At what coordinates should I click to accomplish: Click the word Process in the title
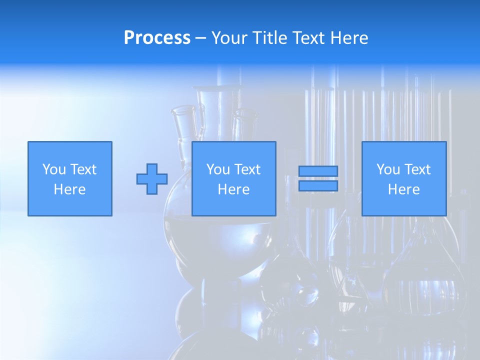pyautogui.click(x=157, y=38)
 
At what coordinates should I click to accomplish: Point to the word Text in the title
pyautogui.click(x=310, y=38)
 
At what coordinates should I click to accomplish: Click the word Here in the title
pyautogui.click(x=349, y=38)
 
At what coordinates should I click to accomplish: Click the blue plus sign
pyautogui.click(x=152, y=179)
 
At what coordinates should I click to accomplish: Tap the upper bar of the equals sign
pyautogui.click(x=318, y=171)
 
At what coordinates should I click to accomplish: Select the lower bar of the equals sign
pyautogui.click(x=318, y=186)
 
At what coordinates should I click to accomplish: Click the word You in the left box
pyautogui.click(x=54, y=169)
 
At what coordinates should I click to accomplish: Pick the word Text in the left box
pyautogui.click(x=83, y=169)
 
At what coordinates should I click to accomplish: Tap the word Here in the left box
pyautogui.click(x=69, y=189)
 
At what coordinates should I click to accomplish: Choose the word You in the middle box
pyautogui.click(x=218, y=169)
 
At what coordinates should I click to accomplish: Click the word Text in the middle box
pyautogui.click(x=247, y=169)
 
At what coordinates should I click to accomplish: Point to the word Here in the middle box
pyautogui.click(x=233, y=189)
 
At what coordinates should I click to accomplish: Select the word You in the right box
pyautogui.click(x=388, y=169)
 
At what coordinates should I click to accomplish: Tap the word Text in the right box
pyautogui.click(x=417, y=169)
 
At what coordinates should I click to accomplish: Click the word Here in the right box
pyautogui.click(x=403, y=189)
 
